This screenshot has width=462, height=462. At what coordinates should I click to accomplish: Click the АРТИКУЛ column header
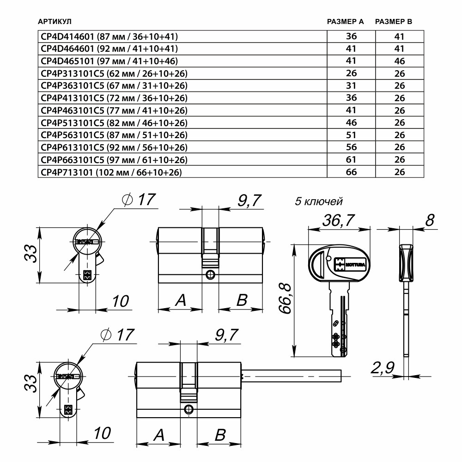pyautogui.click(x=55, y=22)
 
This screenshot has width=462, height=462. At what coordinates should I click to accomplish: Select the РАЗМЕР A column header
pyautogui.click(x=345, y=22)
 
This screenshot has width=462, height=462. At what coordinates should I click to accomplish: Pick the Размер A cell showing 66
pyautogui.click(x=351, y=172)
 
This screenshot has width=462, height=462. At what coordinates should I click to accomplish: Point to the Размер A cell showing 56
pyautogui.click(x=351, y=147)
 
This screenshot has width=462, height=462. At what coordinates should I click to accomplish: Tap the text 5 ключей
pyautogui.click(x=319, y=201)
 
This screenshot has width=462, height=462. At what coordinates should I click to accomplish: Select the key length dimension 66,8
pyautogui.click(x=287, y=300)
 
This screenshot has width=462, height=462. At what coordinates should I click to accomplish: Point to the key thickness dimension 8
pyautogui.click(x=429, y=221)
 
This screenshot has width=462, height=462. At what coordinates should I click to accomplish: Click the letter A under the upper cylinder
pyautogui.click(x=180, y=300)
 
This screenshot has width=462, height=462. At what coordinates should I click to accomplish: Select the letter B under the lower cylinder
pyautogui.click(x=220, y=435)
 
